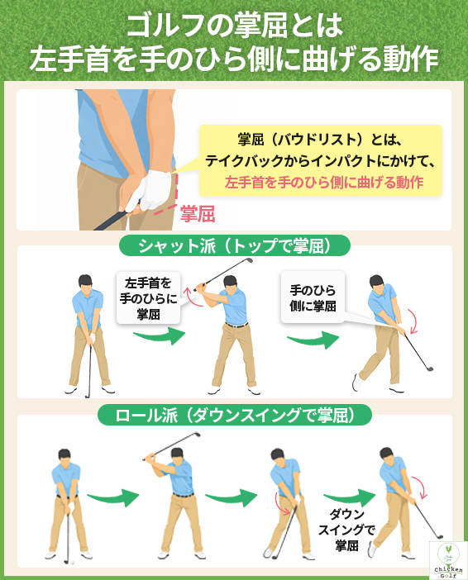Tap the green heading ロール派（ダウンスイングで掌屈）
[x=234, y=416]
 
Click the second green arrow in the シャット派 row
[x=314, y=339]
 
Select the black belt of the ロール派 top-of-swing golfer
[x=183, y=494]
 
